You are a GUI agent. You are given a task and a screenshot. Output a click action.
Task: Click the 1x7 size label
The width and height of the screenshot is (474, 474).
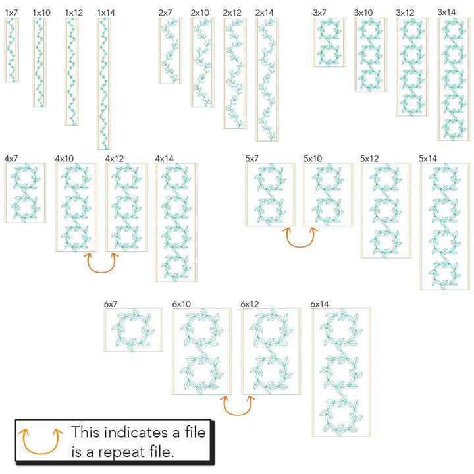coord(11,13)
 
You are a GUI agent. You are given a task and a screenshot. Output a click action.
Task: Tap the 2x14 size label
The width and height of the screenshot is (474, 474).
coord(264,13)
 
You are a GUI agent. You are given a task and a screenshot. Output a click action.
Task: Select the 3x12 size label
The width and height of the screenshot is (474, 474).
coord(405,13)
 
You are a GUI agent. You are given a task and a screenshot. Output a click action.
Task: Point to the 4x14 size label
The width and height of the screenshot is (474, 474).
coord(164,159)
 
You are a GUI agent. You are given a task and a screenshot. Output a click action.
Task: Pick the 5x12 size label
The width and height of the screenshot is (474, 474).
coord(369,159)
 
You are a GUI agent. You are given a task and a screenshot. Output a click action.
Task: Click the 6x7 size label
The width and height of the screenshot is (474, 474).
coord(111,304)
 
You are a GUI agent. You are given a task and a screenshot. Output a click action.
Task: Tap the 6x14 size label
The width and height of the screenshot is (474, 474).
coord(319,304)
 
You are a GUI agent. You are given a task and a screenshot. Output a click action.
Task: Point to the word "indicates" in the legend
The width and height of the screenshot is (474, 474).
coord(137,432)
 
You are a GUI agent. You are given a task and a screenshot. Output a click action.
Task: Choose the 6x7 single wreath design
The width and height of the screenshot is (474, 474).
coord(133,330)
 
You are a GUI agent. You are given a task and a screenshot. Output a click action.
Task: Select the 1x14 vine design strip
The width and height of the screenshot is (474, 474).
coord(104,84)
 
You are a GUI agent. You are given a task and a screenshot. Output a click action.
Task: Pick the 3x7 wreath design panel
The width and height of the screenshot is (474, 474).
coord(329,42)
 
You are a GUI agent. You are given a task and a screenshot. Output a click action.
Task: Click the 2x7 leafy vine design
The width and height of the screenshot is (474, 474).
coord(171,51)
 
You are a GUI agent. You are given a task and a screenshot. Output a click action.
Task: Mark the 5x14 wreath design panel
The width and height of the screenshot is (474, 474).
coord(445,226)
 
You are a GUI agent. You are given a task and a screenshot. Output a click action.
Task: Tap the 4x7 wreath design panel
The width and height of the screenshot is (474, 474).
coord(26,193)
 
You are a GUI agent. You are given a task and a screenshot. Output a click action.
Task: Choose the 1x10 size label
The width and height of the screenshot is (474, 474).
coord(41,13)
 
